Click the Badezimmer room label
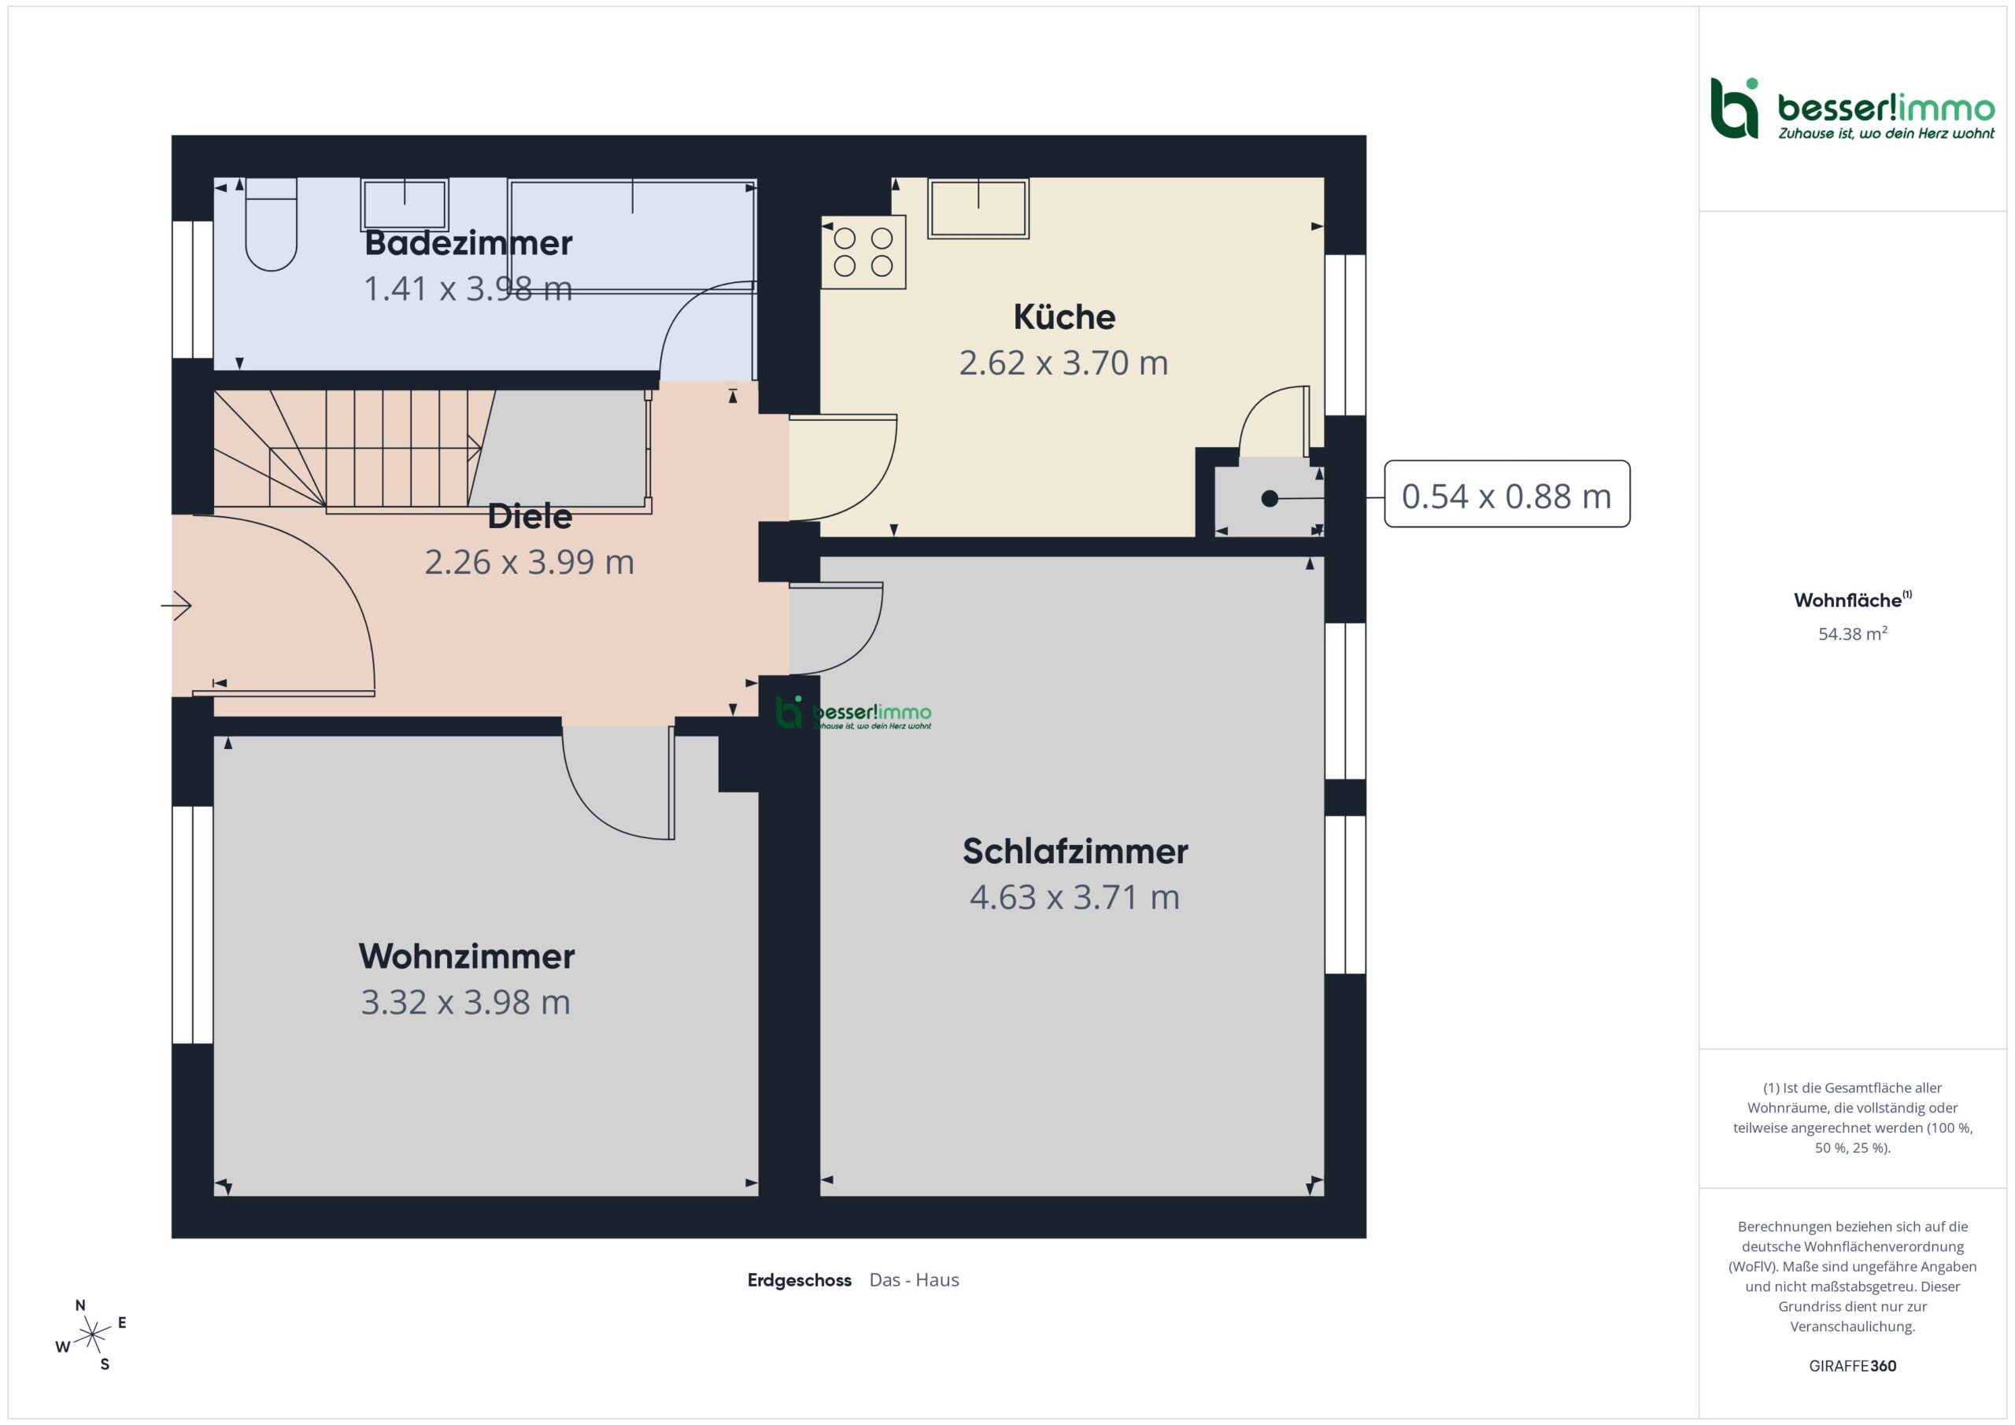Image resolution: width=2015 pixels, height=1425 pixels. click(x=468, y=243)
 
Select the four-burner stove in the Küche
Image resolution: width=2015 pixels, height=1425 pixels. click(x=863, y=252)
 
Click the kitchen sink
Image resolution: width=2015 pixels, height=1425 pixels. click(x=978, y=209)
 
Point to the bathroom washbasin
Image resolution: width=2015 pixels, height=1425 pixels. click(x=405, y=205)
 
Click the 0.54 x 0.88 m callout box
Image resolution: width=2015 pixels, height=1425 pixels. click(x=1507, y=494)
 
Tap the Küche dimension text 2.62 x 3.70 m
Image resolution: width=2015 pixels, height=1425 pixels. click(x=1063, y=363)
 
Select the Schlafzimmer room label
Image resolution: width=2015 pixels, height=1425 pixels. click(x=1075, y=851)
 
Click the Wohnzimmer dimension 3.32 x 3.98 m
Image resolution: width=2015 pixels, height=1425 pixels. click(x=465, y=1002)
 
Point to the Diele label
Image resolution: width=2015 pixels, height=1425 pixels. click(x=529, y=516)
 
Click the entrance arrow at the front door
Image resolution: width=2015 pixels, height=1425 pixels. click(x=176, y=605)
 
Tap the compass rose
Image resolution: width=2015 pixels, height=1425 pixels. click(x=91, y=1335)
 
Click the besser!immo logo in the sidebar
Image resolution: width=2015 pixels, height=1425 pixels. click(x=1852, y=109)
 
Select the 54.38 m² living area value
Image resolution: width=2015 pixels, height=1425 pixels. click(x=1853, y=633)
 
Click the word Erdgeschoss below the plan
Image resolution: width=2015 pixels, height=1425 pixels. click(x=799, y=1280)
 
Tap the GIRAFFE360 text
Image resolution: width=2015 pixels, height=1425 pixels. click(x=1853, y=1366)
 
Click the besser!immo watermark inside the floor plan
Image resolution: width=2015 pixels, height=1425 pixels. click(x=853, y=713)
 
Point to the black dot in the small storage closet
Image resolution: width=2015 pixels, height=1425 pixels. click(x=1269, y=498)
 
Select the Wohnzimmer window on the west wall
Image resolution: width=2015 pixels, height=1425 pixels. click(x=193, y=925)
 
